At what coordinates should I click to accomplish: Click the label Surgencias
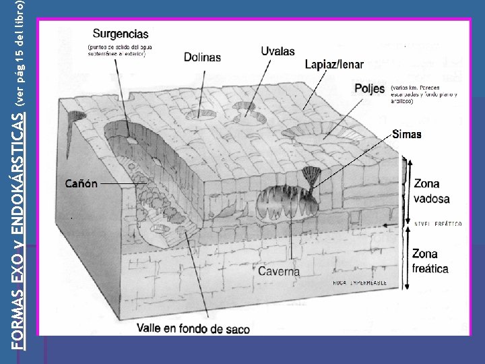[121, 33]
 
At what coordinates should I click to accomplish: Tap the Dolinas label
[202, 57]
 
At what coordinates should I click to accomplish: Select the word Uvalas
[278, 51]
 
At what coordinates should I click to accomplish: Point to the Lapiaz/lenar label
[334, 65]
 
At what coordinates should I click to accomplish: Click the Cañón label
[82, 183]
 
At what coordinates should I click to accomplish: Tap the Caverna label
[280, 271]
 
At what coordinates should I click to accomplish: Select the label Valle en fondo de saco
[193, 329]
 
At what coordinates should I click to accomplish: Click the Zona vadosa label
[432, 191]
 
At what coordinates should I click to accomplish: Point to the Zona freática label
[430, 261]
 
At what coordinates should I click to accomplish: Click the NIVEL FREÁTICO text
[438, 224]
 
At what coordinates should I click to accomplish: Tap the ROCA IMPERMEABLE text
[360, 283]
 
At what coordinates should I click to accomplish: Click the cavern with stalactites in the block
[282, 202]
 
